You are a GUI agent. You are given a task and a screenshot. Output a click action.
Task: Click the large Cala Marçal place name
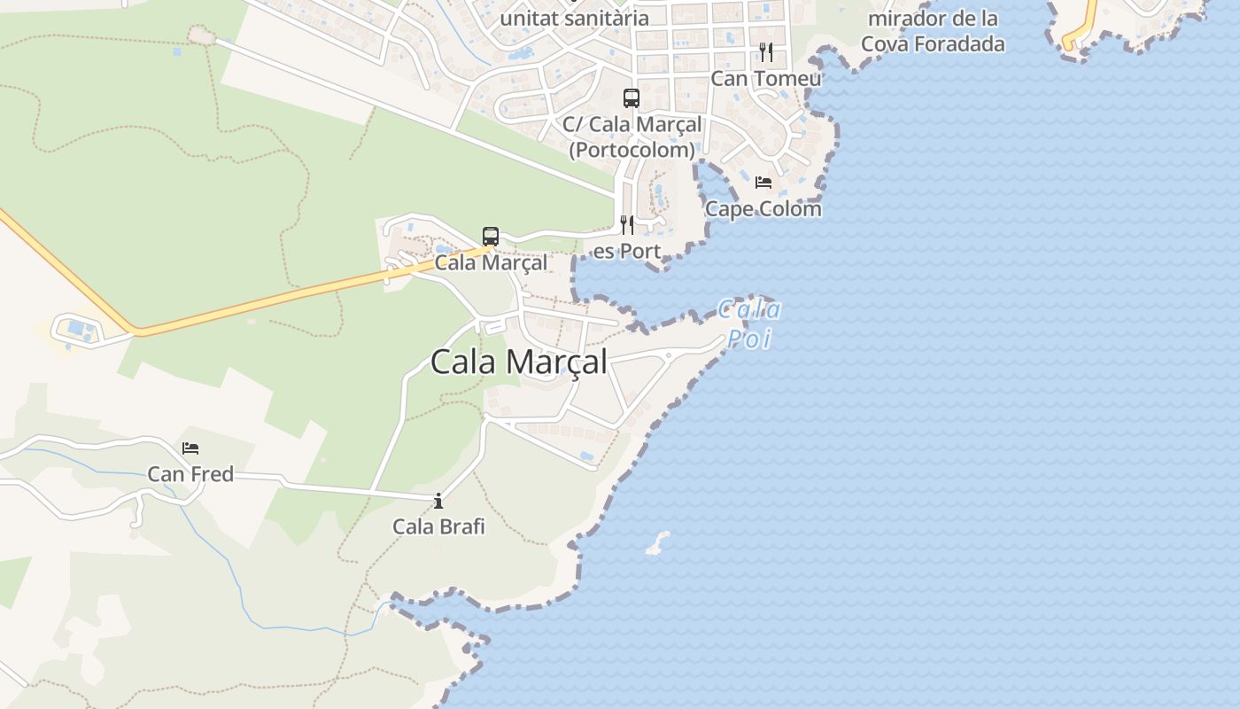click(519, 362)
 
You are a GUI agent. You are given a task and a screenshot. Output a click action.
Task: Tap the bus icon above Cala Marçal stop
click(491, 237)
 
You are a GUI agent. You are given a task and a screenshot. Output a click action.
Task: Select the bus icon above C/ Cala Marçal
click(632, 98)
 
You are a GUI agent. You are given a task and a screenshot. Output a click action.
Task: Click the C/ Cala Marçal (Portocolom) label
click(632, 137)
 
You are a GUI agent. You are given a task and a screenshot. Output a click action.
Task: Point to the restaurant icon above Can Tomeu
click(766, 52)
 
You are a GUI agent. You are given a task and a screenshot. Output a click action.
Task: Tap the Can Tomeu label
click(766, 78)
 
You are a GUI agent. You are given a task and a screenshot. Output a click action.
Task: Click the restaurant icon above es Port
click(627, 225)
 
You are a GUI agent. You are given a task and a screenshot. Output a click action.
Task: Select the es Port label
click(627, 251)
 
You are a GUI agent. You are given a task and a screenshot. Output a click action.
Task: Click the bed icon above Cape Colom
click(763, 183)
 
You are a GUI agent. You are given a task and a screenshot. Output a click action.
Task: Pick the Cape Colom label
click(763, 209)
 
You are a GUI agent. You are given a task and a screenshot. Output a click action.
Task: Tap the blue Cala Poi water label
click(749, 323)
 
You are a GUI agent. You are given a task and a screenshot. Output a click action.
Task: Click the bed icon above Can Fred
click(190, 448)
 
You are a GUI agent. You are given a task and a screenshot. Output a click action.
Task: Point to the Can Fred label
click(190, 474)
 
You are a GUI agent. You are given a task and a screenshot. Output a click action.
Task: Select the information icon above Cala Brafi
click(438, 502)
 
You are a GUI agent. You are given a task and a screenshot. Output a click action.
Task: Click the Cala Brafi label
click(438, 526)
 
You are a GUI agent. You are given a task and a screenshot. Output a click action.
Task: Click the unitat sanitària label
click(574, 18)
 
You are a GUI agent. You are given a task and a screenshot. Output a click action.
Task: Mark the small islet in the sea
click(657, 542)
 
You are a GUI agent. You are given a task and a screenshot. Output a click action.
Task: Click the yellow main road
click(266, 306)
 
